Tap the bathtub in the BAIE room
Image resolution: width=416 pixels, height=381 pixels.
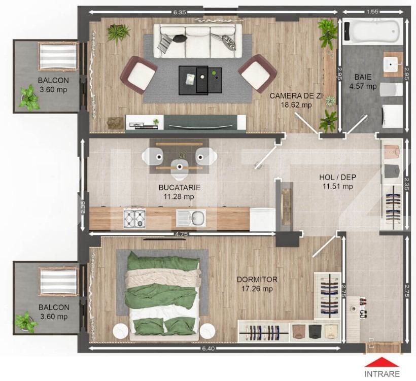tap(372, 32)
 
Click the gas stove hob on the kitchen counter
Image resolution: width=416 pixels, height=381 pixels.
tap(135, 219)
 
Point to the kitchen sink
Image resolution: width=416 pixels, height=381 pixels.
tap(191, 219)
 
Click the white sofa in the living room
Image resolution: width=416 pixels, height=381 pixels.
tap(195, 38)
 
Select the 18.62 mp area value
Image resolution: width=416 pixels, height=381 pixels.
tap(296, 105)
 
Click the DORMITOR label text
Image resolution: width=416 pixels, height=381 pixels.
tap(257, 280)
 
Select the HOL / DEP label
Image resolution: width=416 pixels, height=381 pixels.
tap(337, 177)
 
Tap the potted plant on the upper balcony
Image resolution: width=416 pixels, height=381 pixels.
tap(27, 98)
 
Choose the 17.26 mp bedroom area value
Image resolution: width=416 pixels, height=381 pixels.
tap(257, 289)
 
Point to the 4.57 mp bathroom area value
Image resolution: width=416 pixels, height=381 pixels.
tap(363, 86)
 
